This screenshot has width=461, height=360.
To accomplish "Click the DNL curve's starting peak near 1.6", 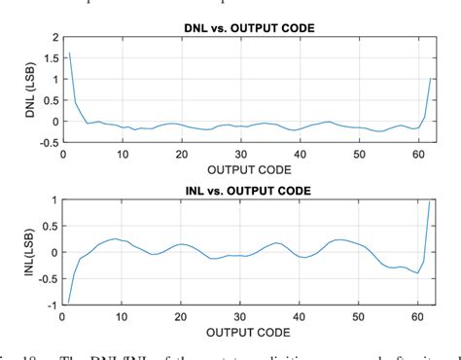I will click(x=69, y=54).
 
